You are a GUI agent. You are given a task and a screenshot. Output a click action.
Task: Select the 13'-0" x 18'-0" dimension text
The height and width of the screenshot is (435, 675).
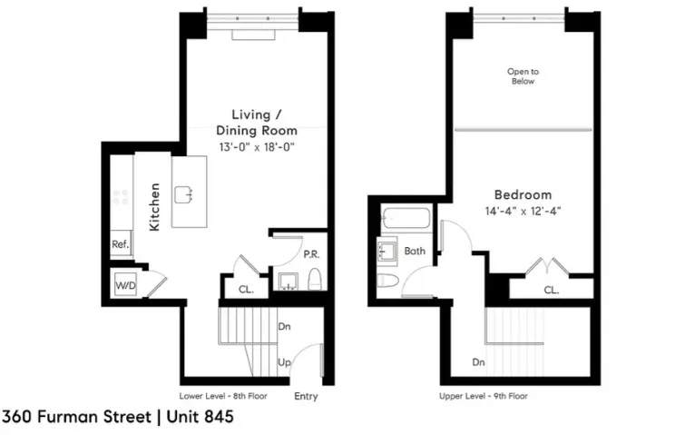click(257, 145)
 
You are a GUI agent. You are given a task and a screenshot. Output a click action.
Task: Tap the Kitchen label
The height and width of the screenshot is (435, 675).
click(155, 208)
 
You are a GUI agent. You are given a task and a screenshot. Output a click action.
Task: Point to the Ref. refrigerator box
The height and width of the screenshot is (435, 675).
click(120, 245)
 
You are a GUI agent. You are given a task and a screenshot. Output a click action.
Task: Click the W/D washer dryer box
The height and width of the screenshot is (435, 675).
click(124, 285)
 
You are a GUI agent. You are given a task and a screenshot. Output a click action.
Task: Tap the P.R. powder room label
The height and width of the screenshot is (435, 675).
click(309, 254)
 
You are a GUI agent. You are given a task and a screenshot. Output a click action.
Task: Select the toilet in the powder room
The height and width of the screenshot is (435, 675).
click(314, 279)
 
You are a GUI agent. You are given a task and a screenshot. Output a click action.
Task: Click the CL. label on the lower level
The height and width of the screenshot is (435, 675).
click(246, 290)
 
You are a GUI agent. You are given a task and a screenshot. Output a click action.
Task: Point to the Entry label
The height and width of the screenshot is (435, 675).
click(306, 396)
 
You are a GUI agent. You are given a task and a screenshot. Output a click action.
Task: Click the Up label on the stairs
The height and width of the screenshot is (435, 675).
click(284, 362)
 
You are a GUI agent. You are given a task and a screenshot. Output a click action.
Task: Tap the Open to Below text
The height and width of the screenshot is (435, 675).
click(522, 76)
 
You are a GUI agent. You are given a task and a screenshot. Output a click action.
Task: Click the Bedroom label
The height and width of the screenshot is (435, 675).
click(523, 194)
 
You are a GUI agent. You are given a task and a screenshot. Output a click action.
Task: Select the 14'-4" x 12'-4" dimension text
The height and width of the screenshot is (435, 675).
click(523, 212)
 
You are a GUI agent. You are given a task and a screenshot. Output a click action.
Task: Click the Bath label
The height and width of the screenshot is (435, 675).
click(415, 251)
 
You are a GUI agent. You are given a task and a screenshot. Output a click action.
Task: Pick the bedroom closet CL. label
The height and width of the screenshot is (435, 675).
click(551, 290)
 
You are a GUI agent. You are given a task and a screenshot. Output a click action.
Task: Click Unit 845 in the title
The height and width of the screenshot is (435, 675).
click(197, 417)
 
